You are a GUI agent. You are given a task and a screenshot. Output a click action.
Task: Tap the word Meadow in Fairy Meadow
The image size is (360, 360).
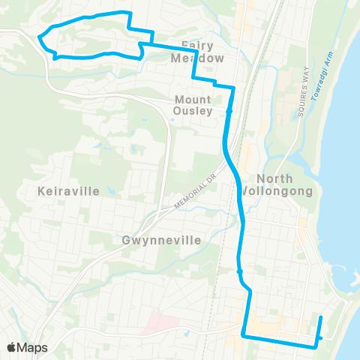point(197,58)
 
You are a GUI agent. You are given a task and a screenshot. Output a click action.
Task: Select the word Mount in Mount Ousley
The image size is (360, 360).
point(193,98)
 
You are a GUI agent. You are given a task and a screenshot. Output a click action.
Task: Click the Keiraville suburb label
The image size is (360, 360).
point(67,191)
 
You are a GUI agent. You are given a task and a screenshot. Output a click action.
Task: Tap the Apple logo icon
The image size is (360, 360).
point(13,347)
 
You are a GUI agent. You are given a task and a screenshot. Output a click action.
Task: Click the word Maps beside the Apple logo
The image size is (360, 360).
point(33,347)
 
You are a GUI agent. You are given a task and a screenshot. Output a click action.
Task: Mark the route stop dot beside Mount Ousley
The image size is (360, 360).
point(229,112)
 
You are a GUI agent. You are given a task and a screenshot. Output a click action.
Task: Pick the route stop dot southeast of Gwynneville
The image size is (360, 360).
point(239,271)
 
